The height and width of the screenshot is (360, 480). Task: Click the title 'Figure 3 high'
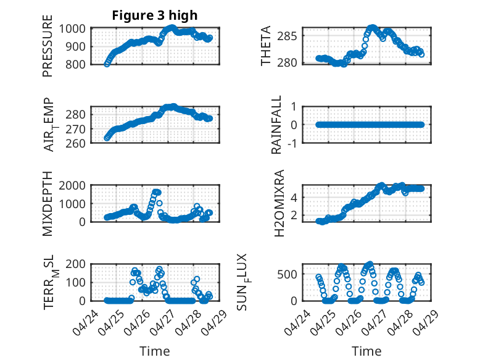(155, 15)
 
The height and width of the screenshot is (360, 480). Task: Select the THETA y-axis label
(266, 46)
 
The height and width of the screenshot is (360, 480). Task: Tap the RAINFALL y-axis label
(277, 125)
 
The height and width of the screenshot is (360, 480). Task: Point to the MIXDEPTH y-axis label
(48, 204)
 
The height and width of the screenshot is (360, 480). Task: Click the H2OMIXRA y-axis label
(279, 204)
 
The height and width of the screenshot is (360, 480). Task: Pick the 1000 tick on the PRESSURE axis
(75, 28)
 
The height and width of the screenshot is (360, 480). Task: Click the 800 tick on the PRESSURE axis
(78, 64)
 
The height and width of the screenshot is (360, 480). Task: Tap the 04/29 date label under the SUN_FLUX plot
(425, 320)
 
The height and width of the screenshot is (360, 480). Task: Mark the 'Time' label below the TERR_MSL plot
(155, 351)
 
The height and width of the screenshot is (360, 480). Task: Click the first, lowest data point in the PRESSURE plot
(107, 64)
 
